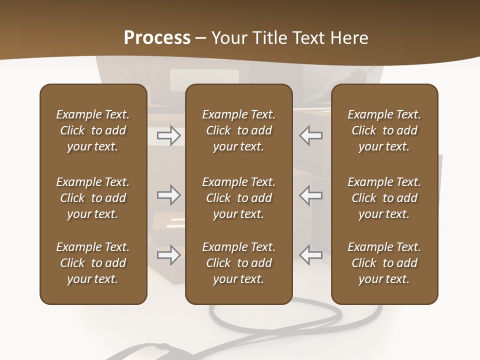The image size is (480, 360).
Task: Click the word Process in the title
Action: [x=157, y=38]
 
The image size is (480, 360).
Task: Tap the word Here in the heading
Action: [x=350, y=38]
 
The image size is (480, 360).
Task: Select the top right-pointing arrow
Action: [x=168, y=135]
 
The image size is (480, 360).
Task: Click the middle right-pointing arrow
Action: [x=168, y=195]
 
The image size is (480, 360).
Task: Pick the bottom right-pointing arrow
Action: [x=168, y=255]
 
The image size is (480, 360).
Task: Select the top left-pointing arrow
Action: [x=310, y=135]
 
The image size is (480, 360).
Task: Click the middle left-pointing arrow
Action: [x=310, y=195]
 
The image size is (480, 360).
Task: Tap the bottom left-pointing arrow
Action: [x=310, y=255]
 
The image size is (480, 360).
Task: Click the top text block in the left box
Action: [x=93, y=130]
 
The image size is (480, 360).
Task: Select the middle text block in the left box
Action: [x=93, y=198]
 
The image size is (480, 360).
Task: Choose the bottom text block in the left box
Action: [x=93, y=263]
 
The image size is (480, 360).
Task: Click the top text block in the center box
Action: [x=238, y=130]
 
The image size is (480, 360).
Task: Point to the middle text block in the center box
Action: [x=238, y=198]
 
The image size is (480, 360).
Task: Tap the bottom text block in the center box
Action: [x=238, y=263]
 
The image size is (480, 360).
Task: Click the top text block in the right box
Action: [x=384, y=130]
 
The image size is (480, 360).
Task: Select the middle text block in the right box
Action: [x=384, y=198]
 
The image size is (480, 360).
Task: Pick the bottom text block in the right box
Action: [x=384, y=263]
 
